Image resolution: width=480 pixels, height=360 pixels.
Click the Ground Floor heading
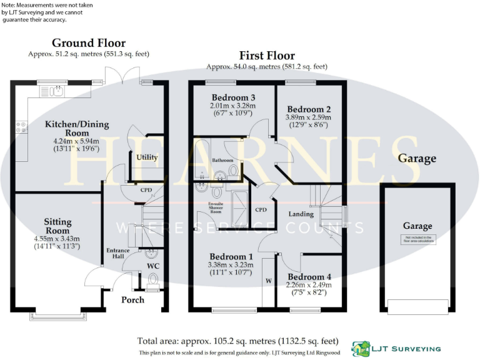point(88,43)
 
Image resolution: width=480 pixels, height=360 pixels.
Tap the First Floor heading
point(267,56)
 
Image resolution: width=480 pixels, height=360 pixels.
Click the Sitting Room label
point(57,226)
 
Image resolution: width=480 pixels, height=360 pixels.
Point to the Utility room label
point(147,157)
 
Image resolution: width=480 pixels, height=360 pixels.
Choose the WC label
point(153,266)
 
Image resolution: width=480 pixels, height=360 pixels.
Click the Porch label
point(132,300)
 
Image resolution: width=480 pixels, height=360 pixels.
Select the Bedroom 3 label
point(233,97)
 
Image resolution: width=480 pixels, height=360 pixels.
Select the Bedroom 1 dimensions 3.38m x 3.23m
point(232,265)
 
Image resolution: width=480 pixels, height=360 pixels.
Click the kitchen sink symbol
point(52,92)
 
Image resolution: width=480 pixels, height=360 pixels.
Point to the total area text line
point(238,341)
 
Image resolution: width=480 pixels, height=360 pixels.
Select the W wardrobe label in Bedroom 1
point(268,281)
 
